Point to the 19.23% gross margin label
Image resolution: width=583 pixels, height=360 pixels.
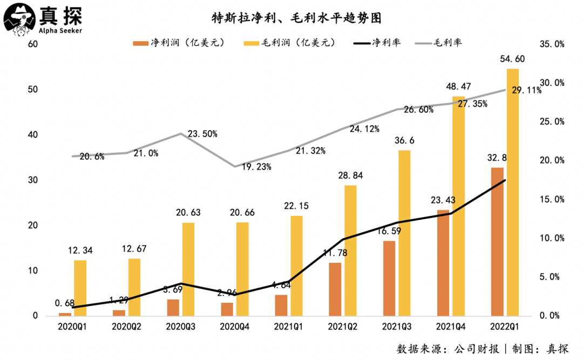click(256, 167)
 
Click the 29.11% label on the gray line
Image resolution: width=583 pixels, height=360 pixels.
click(526, 91)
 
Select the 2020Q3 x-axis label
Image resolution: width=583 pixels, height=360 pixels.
click(182, 327)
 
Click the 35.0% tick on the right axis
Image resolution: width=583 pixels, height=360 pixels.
click(552, 44)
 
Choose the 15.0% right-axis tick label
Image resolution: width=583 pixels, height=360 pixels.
click(552, 199)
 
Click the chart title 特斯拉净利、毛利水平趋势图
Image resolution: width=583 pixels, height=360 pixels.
click(296, 18)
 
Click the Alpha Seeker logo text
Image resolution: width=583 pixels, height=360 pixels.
click(60, 30)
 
